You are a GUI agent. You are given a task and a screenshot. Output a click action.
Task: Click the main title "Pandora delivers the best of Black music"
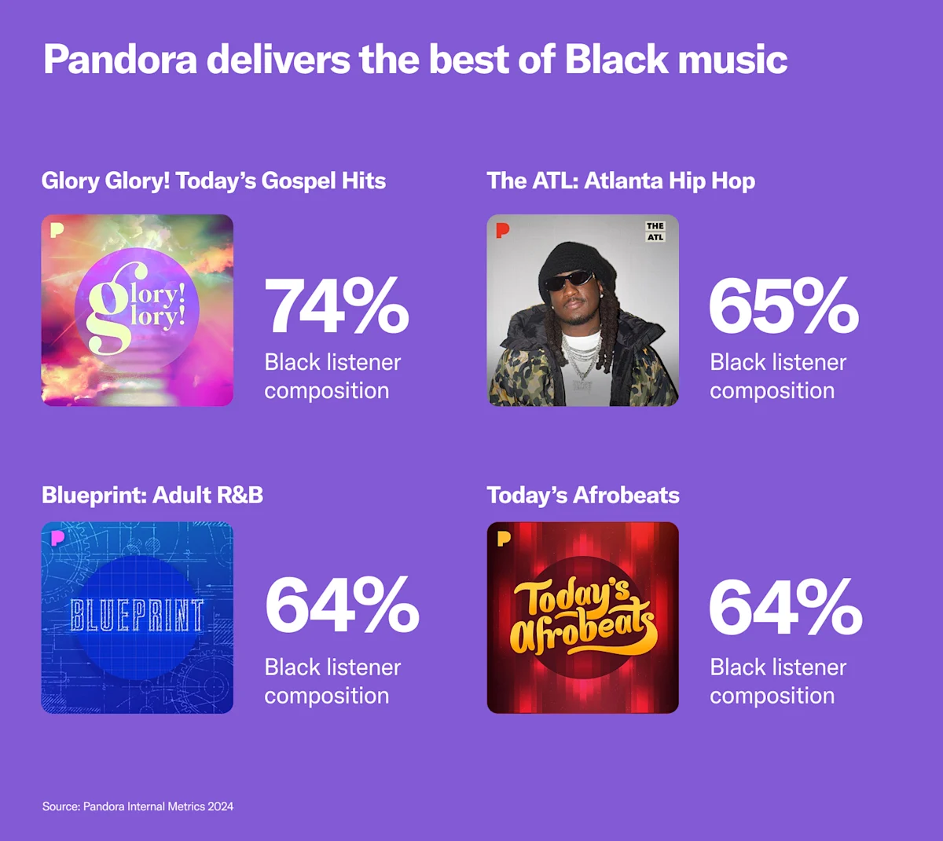click(x=415, y=60)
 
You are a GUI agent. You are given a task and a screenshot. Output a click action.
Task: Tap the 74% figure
click(x=336, y=306)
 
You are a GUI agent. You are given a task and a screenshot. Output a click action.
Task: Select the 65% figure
click(x=783, y=306)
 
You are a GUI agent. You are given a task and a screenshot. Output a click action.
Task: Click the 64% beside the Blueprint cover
click(x=342, y=605)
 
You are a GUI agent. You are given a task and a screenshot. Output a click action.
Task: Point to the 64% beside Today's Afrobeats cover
click(x=785, y=606)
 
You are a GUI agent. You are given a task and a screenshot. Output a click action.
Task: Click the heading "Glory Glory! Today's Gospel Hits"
click(x=214, y=181)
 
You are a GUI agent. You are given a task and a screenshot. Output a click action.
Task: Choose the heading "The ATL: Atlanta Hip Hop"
click(x=621, y=181)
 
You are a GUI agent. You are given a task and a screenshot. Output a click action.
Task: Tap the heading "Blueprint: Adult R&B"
click(x=152, y=495)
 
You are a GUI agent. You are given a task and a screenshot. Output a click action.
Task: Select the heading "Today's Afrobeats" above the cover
click(x=583, y=495)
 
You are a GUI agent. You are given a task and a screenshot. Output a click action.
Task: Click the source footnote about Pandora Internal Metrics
click(x=138, y=806)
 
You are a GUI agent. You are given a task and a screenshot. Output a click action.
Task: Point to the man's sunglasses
click(x=570, y=279)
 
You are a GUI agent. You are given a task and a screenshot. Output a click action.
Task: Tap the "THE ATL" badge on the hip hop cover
click(x=655, y=231)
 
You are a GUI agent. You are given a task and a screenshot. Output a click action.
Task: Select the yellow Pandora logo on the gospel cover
click(x=57, y=230)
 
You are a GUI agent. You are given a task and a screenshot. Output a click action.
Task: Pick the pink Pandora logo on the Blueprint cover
click(x=57, y=538)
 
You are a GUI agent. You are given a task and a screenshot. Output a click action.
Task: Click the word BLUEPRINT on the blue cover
click(x=137, y=616)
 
